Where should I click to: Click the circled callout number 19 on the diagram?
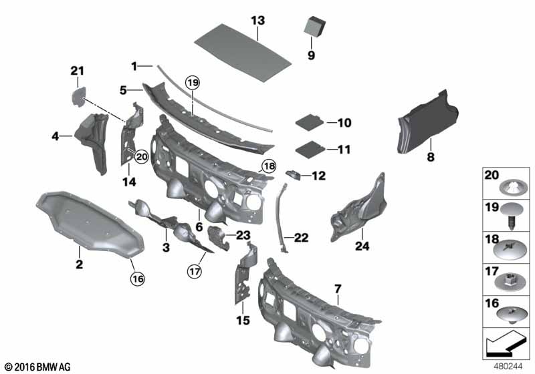193,83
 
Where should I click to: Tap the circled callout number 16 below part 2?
137,278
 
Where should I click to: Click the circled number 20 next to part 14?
140,156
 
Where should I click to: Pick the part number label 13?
258,21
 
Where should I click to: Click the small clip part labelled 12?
294,175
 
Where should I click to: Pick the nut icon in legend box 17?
508,279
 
